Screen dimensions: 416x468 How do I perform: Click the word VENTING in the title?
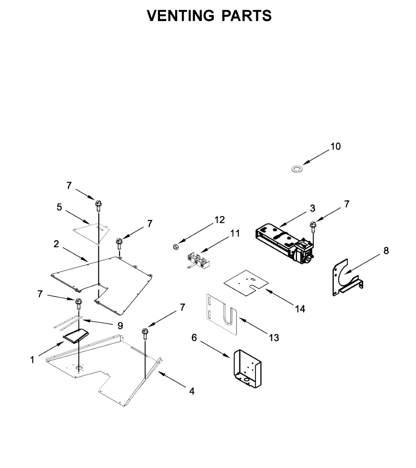point(181,16)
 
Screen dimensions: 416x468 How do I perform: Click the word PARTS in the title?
point(247,16)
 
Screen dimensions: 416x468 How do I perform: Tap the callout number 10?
point(336,146)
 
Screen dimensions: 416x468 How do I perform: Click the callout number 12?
point(220,220)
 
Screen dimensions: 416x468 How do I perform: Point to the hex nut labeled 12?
point(176,246)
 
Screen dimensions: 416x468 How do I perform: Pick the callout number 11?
point(235,233)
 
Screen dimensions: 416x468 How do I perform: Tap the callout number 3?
point(313,208)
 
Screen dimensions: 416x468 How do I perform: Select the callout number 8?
point(386,250)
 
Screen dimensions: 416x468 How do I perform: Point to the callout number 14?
point(300,309)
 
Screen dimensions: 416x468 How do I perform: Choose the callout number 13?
point(274,337)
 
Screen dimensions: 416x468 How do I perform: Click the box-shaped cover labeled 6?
point(247,369)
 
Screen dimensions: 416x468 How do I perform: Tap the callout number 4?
point(192,391)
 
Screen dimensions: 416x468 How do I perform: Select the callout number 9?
point(120,325)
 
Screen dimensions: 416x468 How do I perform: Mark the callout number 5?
point(59,207)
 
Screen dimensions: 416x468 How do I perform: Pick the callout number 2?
point(57,244)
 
